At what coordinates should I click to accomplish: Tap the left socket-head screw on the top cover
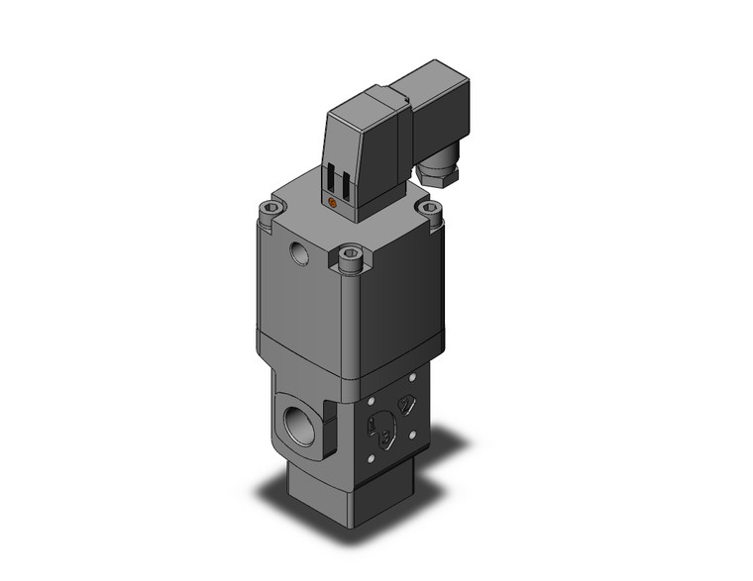270,209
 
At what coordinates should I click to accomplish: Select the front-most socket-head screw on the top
348,258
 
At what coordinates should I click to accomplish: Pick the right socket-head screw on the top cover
429,209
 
